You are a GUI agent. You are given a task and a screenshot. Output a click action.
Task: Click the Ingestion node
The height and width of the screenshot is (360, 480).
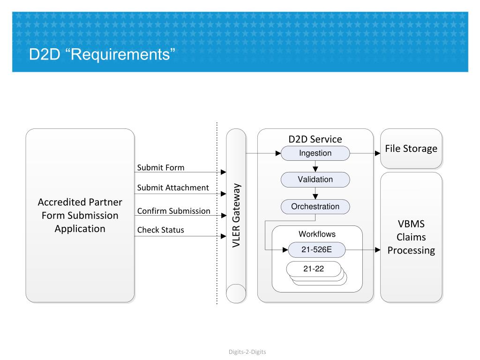(x=315, y=153)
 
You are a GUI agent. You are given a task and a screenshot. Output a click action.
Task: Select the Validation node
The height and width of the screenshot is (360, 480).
(x=315, y=180)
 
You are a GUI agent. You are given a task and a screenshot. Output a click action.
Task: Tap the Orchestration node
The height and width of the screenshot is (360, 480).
(x=315, y=207)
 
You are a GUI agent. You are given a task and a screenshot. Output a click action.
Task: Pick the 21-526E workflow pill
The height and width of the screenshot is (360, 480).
(x=316, y=250)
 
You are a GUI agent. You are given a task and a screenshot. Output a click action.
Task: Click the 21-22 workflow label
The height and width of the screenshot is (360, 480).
(x=314, y=269)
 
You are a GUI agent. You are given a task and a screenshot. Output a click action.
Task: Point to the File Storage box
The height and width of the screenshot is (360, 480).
(x=411, y=149)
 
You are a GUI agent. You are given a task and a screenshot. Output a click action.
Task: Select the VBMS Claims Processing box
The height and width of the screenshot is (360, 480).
(x=411, y=237)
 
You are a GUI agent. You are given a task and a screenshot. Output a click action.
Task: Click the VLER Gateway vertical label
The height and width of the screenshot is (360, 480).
(x=236, y=216)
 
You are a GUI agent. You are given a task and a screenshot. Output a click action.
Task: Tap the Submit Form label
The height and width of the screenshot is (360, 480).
(x=161, y=168)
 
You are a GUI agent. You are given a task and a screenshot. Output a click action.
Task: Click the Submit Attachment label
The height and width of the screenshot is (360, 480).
(x=173, y=187)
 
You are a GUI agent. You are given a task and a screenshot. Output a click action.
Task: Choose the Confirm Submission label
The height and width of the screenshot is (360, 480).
(x=173, y=211)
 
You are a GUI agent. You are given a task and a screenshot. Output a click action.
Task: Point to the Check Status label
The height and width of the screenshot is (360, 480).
(x=161, y=230)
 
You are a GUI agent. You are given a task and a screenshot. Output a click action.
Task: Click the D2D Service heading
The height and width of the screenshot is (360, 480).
(x=315, y=139)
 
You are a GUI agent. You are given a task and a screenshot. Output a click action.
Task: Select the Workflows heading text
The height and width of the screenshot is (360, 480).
(x=317, y=234)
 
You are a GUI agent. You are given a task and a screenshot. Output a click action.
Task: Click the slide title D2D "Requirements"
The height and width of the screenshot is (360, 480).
(x=102, y=54)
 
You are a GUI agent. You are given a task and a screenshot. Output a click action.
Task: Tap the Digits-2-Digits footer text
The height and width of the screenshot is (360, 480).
(x=247, y=352)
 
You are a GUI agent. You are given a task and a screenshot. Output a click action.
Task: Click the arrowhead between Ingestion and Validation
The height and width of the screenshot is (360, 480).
(x=315, y=169)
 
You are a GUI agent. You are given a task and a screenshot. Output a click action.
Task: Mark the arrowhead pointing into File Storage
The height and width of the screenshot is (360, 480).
(x=378, y=153)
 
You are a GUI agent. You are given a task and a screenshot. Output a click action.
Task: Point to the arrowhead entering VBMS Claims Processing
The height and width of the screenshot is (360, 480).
(x=378, y=250)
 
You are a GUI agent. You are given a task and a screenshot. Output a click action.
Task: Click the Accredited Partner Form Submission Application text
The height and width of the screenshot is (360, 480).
(x=80, y=216)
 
